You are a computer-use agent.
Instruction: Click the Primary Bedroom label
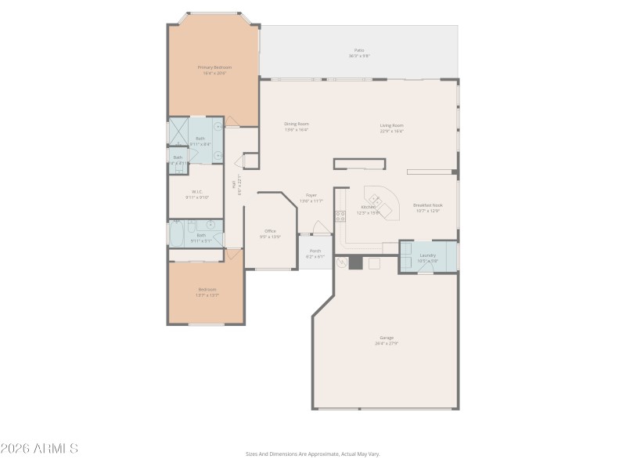[x=213, y=67]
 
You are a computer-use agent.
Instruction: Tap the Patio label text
[x=359, y=50]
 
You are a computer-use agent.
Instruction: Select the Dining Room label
[x=296, y=124]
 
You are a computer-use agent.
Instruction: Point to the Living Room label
[x=391, y=125]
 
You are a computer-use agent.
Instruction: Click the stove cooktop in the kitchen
[x=340, y=216]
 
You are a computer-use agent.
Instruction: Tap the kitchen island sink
[x=375, y=202]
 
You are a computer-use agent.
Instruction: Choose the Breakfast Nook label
[x=427, y=204]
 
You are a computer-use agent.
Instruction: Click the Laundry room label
[x=427, y=255]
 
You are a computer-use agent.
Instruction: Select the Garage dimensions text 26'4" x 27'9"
[x=387, y=343]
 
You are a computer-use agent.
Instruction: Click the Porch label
[x=315, y=251]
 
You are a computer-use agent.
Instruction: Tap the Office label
[x=270, y=231]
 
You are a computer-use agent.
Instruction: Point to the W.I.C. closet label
[x=197, y=192]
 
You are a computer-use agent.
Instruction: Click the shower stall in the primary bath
[x=178, y=128]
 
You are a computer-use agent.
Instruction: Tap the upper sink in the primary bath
[x=218, y=125]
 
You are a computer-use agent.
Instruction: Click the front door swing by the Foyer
[x=320, y=228]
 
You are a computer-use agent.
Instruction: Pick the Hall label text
[x=234, y=184]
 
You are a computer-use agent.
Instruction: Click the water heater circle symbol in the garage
[x=342, y=263]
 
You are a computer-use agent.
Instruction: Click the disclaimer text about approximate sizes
[x=312, y=454]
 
